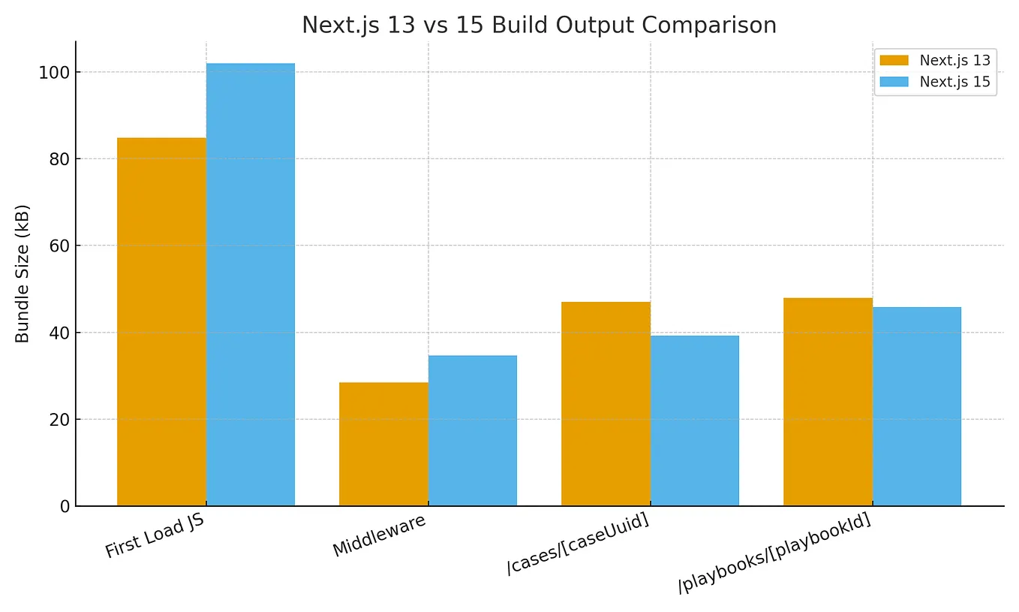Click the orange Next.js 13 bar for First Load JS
click(161, 322)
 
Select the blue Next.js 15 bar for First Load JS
click(251, 285)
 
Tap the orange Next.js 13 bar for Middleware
click(383, 445)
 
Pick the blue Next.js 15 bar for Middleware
click(473, 431)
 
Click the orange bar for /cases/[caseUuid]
click(606, 404)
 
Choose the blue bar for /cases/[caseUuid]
click(695, 421)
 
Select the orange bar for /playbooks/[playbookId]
click(828, 402)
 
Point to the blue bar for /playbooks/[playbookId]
click(917, 406)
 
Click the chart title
click(539, 26)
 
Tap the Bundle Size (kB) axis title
click(23, 273)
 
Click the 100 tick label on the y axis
click(54, 73)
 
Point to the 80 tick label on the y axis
click(59, 159)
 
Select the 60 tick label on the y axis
click(59, 246)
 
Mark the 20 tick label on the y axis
click(59, 420)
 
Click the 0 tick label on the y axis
click(65, 507)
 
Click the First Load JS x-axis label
click(155, 536)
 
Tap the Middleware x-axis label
click(379, 535)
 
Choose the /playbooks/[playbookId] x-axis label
click(774, 554)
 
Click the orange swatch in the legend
click(894, 61)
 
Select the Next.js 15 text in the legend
click(954, 82)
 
